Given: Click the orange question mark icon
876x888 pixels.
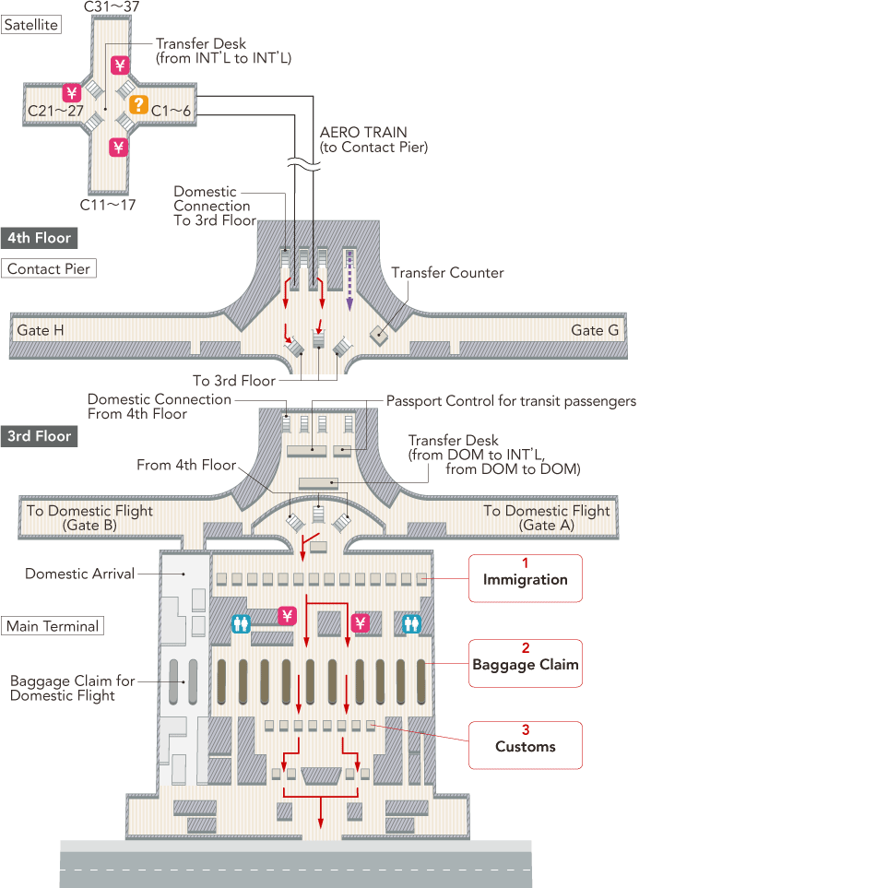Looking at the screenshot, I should point(138,105).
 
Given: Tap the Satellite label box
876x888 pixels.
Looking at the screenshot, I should point(31,25).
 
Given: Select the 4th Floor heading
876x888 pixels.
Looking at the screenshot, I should point(39,238).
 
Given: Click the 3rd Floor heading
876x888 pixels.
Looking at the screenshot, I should point(39,436).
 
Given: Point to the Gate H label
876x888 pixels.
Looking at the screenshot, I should point(41,330).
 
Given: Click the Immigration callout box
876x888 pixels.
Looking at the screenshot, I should point(526,577).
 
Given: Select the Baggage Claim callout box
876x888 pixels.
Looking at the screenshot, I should point(526,662).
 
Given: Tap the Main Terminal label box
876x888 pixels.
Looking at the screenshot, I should point(52,626).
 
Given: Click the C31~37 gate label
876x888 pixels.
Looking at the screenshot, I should point(113,7).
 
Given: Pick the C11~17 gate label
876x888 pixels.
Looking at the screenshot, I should point(108,205).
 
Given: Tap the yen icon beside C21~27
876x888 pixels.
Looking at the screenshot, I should point(72,92).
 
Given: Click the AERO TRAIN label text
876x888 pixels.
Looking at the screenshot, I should point(363,133).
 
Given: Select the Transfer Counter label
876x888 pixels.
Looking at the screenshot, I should point(447,273).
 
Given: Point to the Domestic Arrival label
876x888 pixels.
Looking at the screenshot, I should point(79,574).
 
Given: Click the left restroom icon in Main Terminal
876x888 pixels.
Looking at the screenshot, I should point(241,623).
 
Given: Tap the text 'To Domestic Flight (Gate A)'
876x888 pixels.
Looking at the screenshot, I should point(547,517).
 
